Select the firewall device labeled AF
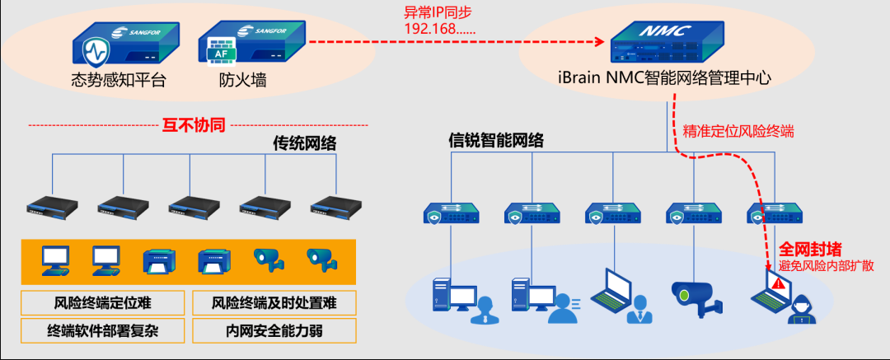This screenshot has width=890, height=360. pyautogui.click(x=252, y=44)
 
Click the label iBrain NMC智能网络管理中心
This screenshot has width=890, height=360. pyautogui.click(x=664, y=78)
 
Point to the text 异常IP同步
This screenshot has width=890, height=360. pyautogui.click(x=437, y=13)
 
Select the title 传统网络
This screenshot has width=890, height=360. pyautogui.click(x=304, y=143)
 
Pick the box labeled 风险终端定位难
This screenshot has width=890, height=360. pyautogui.click(x=103, y=302)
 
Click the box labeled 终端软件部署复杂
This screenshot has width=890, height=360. pyautogui.click(x=103, y=330)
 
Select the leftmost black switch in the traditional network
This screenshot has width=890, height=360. pyautogui.click(x=52, y=205)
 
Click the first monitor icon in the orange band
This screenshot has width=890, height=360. pyautogui.click(x=55, y=259)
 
